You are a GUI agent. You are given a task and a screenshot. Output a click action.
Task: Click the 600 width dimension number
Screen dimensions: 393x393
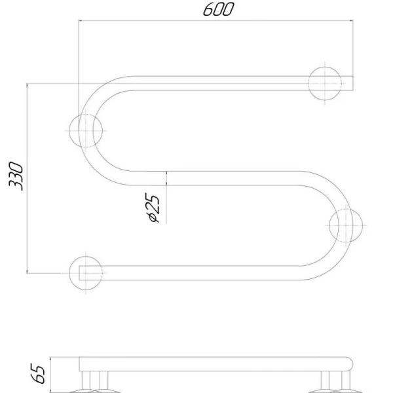(218, 9)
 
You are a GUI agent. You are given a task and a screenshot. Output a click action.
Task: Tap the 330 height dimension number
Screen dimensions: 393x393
(16, 176)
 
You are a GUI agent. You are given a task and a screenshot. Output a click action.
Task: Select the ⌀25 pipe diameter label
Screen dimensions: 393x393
(153, 208)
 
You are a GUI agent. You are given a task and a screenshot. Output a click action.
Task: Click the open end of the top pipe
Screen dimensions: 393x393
(353, 83)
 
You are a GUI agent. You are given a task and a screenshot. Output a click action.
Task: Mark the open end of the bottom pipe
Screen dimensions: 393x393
(79, 273)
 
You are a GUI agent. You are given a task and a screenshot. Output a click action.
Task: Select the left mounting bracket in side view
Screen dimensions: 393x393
(95, 382)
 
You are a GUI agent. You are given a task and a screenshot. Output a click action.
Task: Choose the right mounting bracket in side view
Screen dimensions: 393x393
(335, 382)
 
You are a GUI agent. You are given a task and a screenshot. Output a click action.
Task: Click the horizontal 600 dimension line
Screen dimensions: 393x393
(215, 20)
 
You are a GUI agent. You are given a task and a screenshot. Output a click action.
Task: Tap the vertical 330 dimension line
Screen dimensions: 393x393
(27, 178)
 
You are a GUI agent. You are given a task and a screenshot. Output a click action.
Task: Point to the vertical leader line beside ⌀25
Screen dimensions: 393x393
(166, 198)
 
